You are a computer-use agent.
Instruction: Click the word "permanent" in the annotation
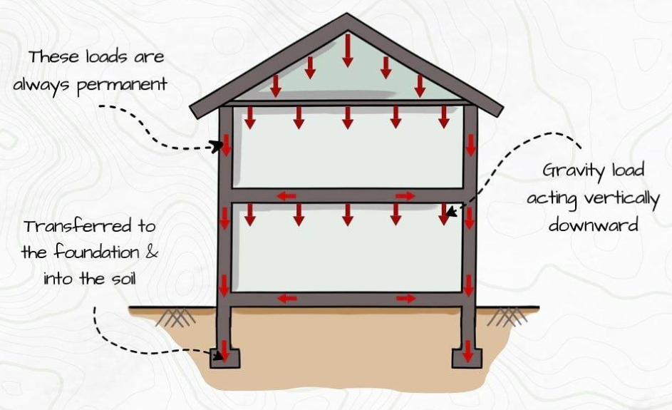point(122,86)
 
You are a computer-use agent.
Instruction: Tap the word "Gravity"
point(574,171)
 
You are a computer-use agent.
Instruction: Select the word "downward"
point(594,225)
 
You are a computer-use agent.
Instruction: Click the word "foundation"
point(97,252)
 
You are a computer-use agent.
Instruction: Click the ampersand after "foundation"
point(152,252)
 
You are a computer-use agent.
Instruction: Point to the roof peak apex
point(347,14)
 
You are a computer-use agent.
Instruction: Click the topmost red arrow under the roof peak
point(348,50)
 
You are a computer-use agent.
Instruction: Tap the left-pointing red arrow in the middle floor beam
point(286,196)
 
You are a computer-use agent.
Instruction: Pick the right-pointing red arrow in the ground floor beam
point(406,298)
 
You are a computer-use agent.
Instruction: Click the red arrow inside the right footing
point(467,352)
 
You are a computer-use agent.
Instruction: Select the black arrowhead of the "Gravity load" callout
point(450,212)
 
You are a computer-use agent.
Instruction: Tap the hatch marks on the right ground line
point(507,317)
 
